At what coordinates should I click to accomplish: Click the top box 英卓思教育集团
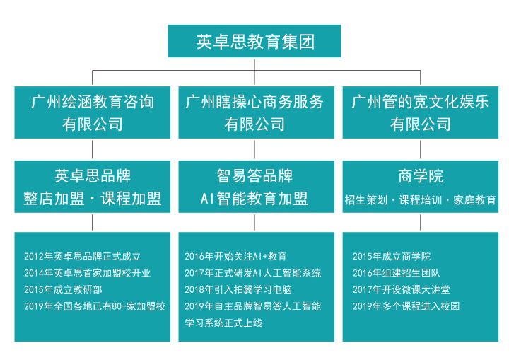pos(255,41)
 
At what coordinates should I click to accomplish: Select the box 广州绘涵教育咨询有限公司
pos(92,112)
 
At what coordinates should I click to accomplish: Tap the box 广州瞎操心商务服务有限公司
pos(256,112)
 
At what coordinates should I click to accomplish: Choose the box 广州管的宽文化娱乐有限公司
pos(421,112)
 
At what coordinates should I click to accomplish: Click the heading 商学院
pos(421,176)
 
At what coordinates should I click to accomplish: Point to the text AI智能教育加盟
pos(255,199)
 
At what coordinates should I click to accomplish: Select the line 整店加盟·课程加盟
pos(92,199)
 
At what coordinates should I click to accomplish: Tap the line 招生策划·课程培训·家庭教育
pos(421,200)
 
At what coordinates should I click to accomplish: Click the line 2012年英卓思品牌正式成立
pos(83,256)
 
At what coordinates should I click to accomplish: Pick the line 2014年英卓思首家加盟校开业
pos(88,273)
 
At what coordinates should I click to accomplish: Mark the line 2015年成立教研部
pos(63,289)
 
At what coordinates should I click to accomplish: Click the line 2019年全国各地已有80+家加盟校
pos(95,306)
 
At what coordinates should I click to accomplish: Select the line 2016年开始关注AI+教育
pos(235,256)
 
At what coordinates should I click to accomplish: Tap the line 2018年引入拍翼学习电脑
pos(238,289)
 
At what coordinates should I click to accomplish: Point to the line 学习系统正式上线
pos(223,323)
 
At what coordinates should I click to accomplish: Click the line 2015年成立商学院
pos(392,256)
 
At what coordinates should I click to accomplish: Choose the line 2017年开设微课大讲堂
pos(402,289)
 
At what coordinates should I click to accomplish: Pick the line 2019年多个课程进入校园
pos(406,306)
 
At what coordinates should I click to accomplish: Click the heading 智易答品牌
pos(255,176)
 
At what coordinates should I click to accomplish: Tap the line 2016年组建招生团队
pos(397,273)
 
